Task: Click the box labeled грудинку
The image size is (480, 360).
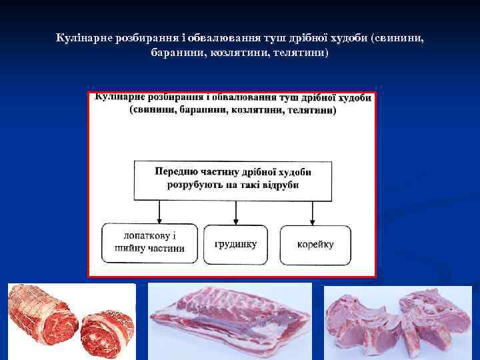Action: (x=235, y=244)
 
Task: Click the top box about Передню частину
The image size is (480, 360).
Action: (x=233, y=179)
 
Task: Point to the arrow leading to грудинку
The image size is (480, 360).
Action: (x=235, y=212)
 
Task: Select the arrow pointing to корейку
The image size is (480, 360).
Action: (x=312, y=212)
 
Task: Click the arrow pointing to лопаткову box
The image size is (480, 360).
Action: (x=159, y=212)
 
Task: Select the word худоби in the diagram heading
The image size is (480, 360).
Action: (x=351, y=98)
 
